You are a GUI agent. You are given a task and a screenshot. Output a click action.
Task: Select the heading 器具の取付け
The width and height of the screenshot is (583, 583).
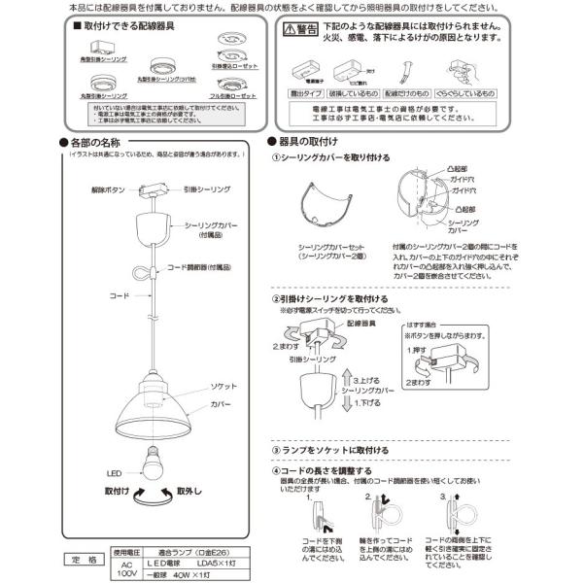(305, 141)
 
